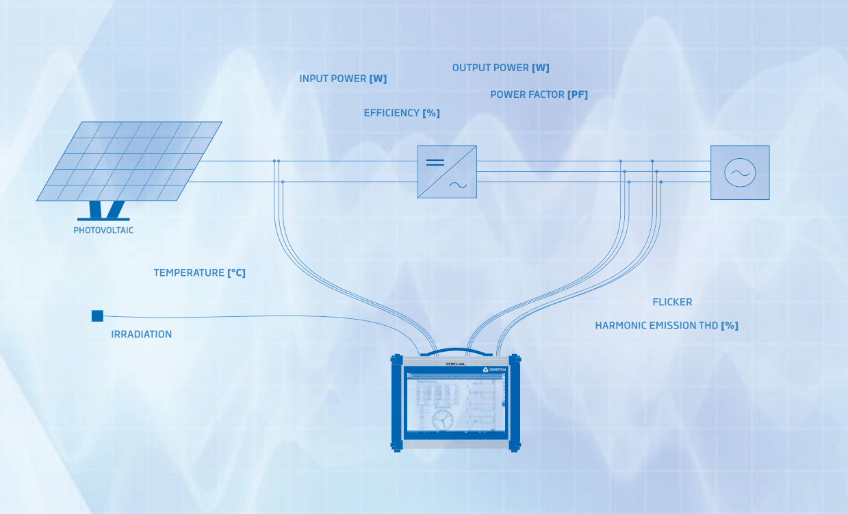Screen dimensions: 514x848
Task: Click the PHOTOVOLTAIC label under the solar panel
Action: tap(103, 231)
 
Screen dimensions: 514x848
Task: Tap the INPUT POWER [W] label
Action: tap(343, 79)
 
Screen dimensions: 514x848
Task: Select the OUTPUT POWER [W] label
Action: tap(500, 68)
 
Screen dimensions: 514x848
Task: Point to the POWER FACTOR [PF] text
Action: tap(539, 94)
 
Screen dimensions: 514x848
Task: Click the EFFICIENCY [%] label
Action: tap(401, 113)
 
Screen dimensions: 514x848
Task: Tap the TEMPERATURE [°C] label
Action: tap(199, 273)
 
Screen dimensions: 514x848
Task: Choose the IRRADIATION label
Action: tap(141, 335)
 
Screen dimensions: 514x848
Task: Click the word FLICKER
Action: tap(672, 302)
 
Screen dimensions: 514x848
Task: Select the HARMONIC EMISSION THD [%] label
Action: tap(666, 326)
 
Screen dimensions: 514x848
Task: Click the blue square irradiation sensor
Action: tap(97, 316)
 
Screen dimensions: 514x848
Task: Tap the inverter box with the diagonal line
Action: tap(447, 172)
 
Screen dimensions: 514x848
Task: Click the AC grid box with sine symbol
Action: tap(740, 172)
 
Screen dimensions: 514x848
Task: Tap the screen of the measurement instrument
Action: tap(455, 405)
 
